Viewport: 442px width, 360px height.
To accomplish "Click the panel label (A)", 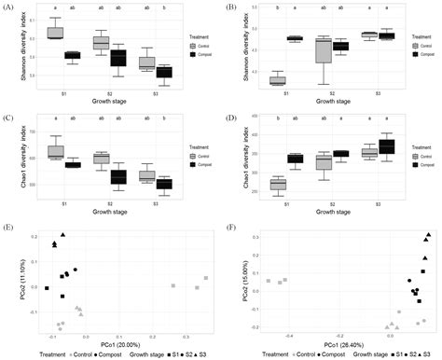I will tap(8, 7).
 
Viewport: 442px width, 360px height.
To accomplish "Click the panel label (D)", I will tap(228, 117).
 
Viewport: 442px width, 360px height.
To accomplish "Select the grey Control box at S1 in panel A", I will tap(55, 34).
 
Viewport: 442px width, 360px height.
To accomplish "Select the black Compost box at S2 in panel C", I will tap(117, 176).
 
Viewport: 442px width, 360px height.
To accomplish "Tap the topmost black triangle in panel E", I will tap(63, 235).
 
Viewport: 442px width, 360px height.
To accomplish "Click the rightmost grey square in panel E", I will tap(206, 278).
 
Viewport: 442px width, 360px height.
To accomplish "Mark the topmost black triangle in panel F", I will tap(428, 235).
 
